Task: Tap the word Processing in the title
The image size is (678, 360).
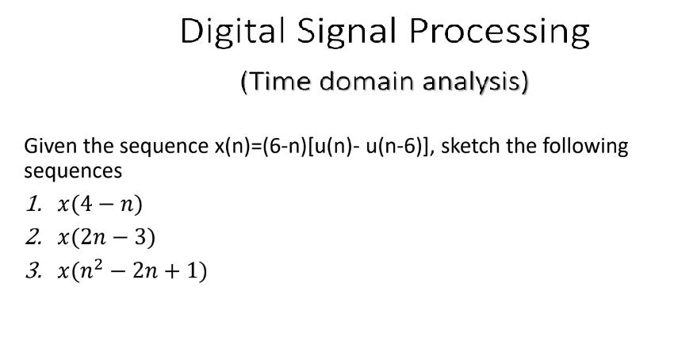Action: click(x=500, y=33)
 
